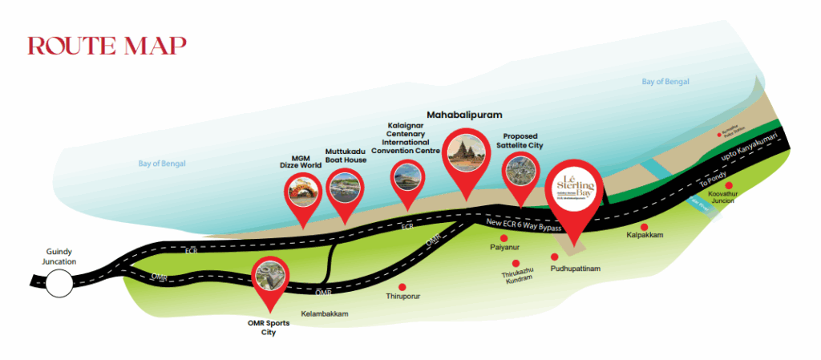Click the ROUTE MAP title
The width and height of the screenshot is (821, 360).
[x=107, y=46]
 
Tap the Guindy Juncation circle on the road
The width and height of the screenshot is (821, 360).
[x=58, y=282]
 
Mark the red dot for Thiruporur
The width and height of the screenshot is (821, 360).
[x=403, y=286]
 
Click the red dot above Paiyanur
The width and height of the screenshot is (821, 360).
[x=504, y=238]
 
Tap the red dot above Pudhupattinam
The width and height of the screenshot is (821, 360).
[x=553, y=257]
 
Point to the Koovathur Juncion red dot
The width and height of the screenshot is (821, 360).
[x=729, y=186]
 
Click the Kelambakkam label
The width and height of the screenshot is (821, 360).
[x=325, y=314]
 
